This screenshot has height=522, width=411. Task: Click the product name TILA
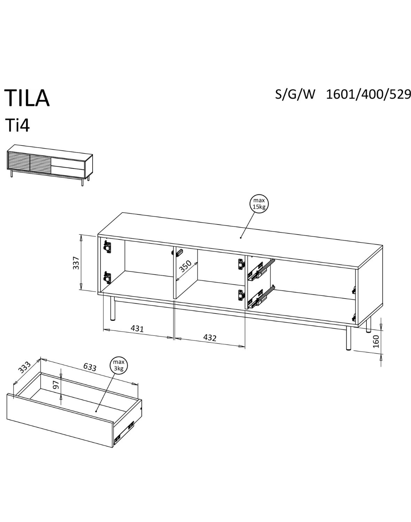(27, 98)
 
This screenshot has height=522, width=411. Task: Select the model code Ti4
(17, 126)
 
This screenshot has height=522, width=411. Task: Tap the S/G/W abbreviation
(295, 94)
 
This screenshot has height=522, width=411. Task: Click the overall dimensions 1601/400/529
(369, 94)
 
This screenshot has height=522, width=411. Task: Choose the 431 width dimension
(137, 328)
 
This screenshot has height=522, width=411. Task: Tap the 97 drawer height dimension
(55, 385)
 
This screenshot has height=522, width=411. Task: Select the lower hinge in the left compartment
(108, 277)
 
